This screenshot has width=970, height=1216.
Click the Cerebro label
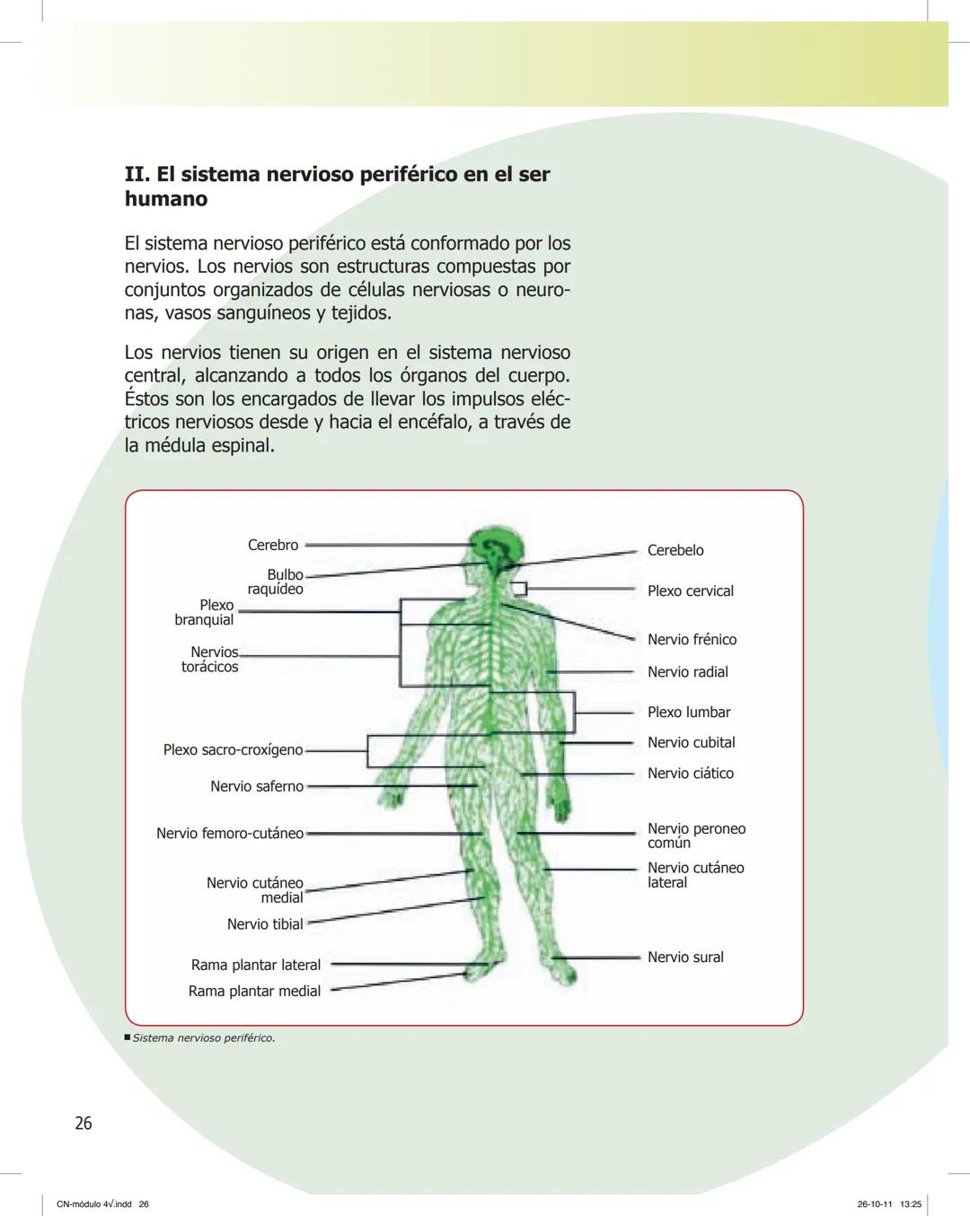click(x=273, y=546)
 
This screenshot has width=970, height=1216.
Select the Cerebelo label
click(x=675, y=550)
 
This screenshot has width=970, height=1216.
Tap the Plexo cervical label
click(x=690, y=591)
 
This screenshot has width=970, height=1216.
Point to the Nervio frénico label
click(x=692, y=639)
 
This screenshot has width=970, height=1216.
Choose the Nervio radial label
click(x=687, y=671)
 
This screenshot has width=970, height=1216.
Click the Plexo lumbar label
click(x=689, y=712)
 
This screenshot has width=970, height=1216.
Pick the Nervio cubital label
click(x=691, y=742)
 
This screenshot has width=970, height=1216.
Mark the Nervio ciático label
click(x=690, y=773)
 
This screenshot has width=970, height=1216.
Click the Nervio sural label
click(x=685, y=957)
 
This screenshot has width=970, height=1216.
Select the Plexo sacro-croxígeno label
click(x=233, y=749)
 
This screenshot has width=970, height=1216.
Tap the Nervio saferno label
click(x=257, y=786)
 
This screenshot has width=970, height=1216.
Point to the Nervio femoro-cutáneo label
click(x=230, y=833)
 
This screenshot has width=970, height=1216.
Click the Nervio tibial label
click(x=265, y=923)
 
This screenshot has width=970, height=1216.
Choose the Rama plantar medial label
click(x=254, y=991)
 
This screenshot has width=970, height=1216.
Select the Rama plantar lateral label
click(x=256, y=965)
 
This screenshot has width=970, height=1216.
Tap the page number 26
click(x=84, y=1123)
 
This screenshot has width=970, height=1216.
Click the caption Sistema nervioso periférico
click(x=203, y=1037)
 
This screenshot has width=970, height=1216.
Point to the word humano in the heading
click(x=166, y=198)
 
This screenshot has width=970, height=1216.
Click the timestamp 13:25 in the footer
click(x=911, y=1204)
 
